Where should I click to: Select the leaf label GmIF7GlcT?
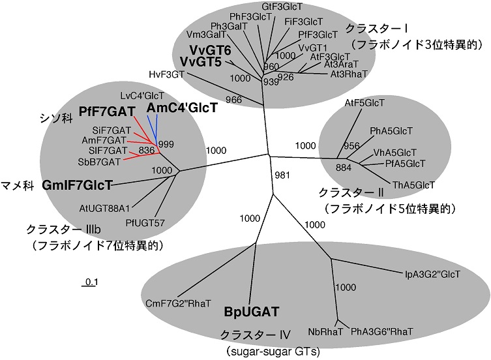[76, 185]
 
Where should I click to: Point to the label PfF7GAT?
[106, 112]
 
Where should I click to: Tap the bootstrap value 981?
[281, 174]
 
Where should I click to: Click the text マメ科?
[20, 176]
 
